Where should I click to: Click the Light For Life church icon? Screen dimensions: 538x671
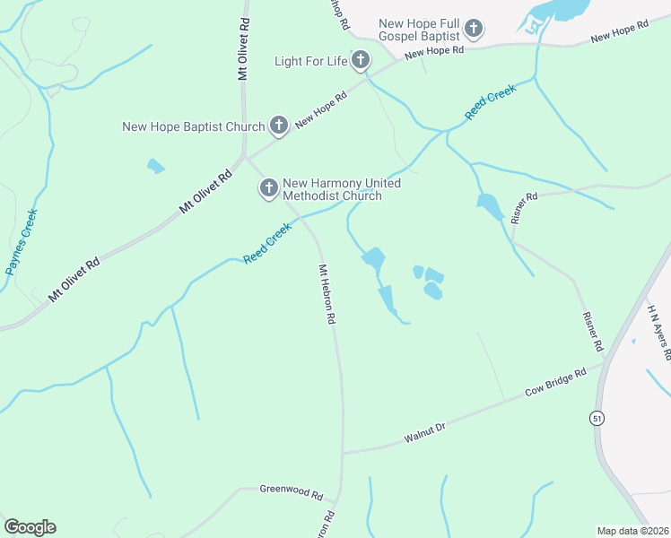coord(360,61)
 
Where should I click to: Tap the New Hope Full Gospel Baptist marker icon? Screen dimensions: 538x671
coord(473,30)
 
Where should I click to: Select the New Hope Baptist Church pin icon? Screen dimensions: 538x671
coord(279,126)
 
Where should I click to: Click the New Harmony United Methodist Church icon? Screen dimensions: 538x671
coord(268,188)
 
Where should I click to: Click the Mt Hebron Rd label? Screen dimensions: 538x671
coord(327,294)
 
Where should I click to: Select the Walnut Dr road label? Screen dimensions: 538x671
coord(424,433)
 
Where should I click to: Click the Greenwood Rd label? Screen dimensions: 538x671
coord(291,490)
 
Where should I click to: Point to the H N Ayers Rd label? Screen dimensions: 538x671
coord(658,330)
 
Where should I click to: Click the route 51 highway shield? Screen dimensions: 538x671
coord(597,418)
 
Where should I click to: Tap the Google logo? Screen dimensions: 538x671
coord(30,527)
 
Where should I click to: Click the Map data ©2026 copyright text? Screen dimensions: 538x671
coord(632,530)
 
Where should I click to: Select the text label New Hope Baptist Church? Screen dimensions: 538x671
coord(194,127)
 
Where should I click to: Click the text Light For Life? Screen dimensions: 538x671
coord(309,61)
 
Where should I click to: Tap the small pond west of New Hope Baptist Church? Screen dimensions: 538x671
coord(156,166)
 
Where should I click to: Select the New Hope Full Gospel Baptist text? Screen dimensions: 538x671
coord(419,30)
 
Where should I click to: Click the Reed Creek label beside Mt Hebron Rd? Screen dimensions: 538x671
coord(267,244)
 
